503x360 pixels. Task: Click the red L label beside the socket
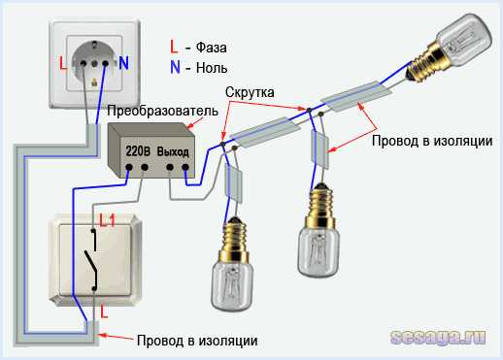[63, 63]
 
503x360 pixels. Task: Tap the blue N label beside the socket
[123, 63]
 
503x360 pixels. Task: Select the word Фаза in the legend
[211, 48]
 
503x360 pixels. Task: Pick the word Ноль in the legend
[212, 68]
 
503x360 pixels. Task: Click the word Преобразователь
[162, 111]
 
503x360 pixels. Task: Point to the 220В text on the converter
[138, 151]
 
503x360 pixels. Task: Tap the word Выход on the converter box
[173, 151]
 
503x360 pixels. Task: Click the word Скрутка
[250, 92]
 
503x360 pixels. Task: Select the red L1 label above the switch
[107, 220]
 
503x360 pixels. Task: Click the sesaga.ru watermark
[438, 338]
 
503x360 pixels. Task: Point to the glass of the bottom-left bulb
[232, 285]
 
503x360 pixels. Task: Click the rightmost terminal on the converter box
[185, 167]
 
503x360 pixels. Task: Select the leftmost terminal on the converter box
[129, 167]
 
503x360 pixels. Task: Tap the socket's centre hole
[94, 63]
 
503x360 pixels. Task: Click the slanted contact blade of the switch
[90, 262]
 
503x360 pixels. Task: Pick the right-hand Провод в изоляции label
[432, 141]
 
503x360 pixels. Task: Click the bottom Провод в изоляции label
[197, 341]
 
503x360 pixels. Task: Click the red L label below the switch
[104, 311]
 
